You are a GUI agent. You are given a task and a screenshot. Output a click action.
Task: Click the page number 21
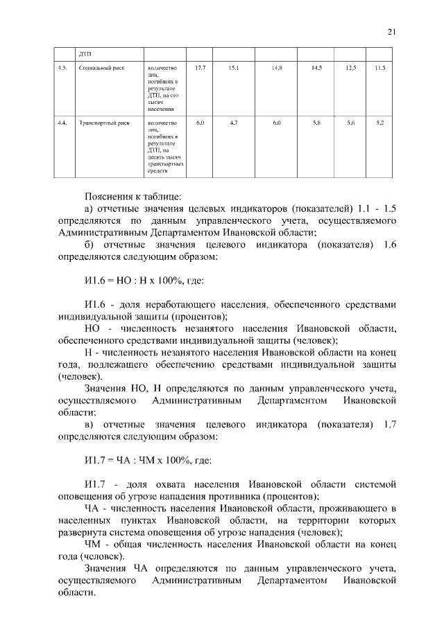(391, 31)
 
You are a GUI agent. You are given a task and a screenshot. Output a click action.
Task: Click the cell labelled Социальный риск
(101, 69)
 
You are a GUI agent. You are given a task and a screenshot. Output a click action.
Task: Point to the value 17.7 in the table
(200, 68)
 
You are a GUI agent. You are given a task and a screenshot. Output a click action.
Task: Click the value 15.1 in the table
(233, 68)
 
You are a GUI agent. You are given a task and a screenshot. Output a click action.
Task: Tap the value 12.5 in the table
(350, 68)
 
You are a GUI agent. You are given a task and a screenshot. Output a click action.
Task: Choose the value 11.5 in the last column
(380, 68)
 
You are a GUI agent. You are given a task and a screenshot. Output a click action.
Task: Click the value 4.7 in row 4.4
(233, 123)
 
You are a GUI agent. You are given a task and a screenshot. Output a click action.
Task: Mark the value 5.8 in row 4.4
(317, 123)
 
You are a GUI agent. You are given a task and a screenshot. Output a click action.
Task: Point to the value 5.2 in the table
(380, 123)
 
